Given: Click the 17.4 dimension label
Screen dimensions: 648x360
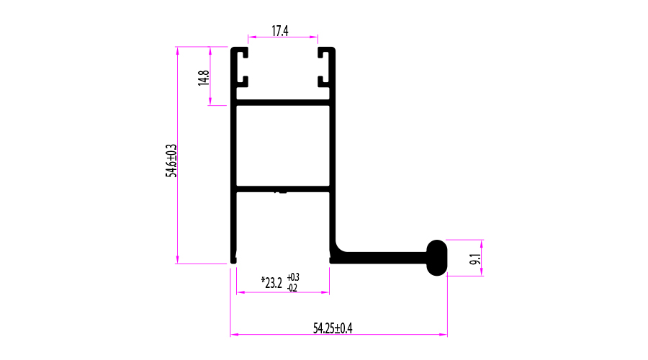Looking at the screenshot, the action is point(280,30).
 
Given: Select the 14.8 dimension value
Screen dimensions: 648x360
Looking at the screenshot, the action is point(204,78).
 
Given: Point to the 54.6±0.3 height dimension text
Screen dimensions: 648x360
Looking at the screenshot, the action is point(171,161).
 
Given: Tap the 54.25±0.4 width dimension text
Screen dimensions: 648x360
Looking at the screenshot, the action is point(333,328).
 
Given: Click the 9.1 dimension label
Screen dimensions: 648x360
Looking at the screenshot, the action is point(475,259).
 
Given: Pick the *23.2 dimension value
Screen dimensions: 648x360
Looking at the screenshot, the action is point(271,283).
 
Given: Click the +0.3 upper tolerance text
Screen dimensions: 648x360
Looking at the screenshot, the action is point(293,277).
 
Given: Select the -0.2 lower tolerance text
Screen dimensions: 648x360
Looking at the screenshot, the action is point(292,288).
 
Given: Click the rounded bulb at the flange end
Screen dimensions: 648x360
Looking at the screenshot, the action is point(437,258).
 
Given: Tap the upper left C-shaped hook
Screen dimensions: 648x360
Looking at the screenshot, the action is point(239,68).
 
